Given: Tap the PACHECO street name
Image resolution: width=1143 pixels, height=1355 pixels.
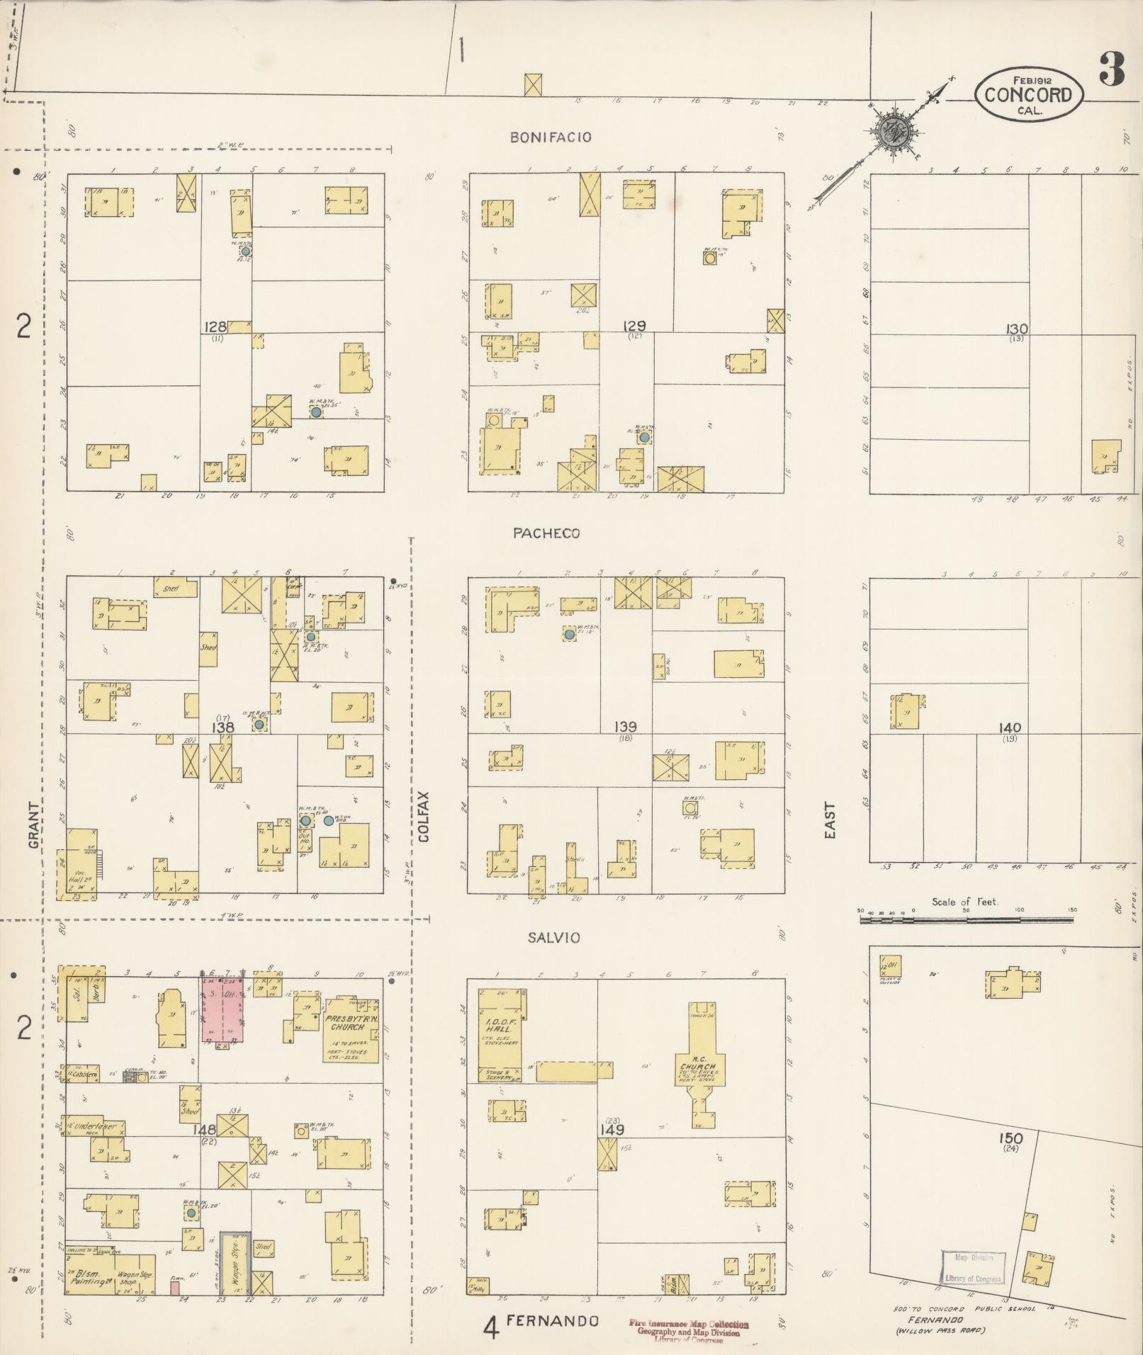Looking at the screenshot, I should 546,533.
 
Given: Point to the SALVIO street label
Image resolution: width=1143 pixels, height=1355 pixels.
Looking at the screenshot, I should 553,937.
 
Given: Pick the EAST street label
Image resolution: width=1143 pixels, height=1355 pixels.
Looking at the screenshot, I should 830,821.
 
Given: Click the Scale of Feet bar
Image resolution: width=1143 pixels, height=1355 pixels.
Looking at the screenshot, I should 967,920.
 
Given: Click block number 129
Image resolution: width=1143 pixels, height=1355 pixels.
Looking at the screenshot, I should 634,326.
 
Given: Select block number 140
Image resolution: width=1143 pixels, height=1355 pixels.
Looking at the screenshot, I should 1009,727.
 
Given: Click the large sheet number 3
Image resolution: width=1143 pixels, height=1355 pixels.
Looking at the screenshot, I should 1112,69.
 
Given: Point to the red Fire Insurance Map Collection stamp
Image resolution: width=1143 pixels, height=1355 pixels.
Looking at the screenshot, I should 687,1326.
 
